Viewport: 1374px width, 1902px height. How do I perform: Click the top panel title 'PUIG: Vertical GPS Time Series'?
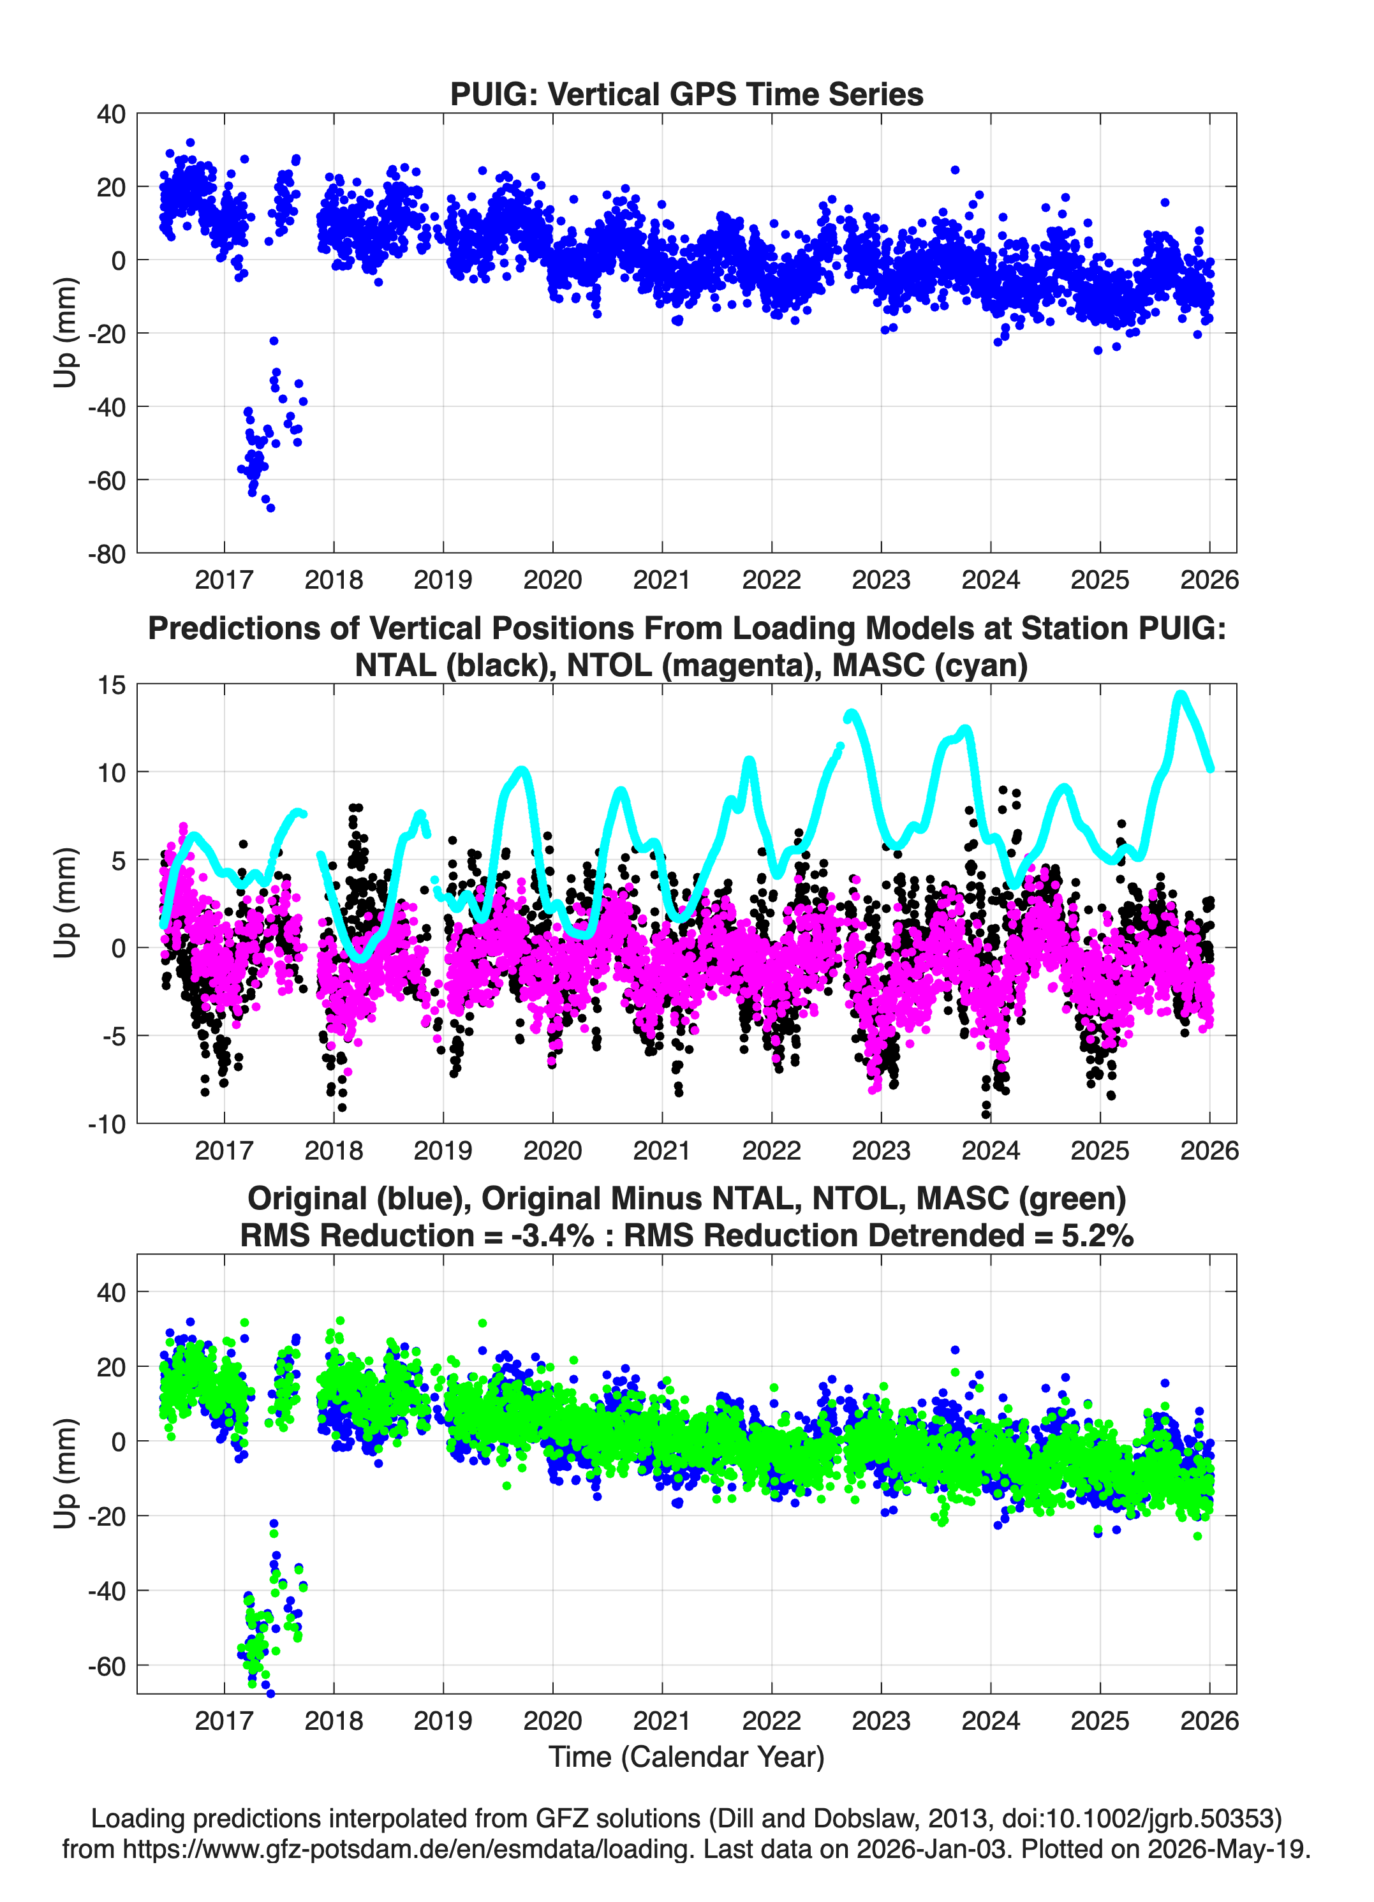click(x=686, y=94)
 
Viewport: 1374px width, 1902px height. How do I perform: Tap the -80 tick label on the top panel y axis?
click(x=107, y=554)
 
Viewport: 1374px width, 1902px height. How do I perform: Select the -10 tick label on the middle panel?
click(x=107, y=1124)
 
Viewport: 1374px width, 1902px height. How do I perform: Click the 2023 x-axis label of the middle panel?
click(x=881, y=1150)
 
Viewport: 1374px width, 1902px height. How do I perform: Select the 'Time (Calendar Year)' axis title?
click(x=686, y=1757)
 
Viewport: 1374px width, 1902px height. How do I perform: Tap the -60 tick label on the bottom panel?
click(x=107, y=1667)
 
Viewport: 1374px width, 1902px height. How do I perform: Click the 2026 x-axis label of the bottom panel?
click(x=1209, y=1721)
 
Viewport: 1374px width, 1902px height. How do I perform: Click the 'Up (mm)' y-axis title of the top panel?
click(x=66, y=333)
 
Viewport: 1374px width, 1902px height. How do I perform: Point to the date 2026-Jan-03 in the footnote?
click(x=931, y=1848)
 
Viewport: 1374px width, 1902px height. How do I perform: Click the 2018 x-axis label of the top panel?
click(x=333, y=580)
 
